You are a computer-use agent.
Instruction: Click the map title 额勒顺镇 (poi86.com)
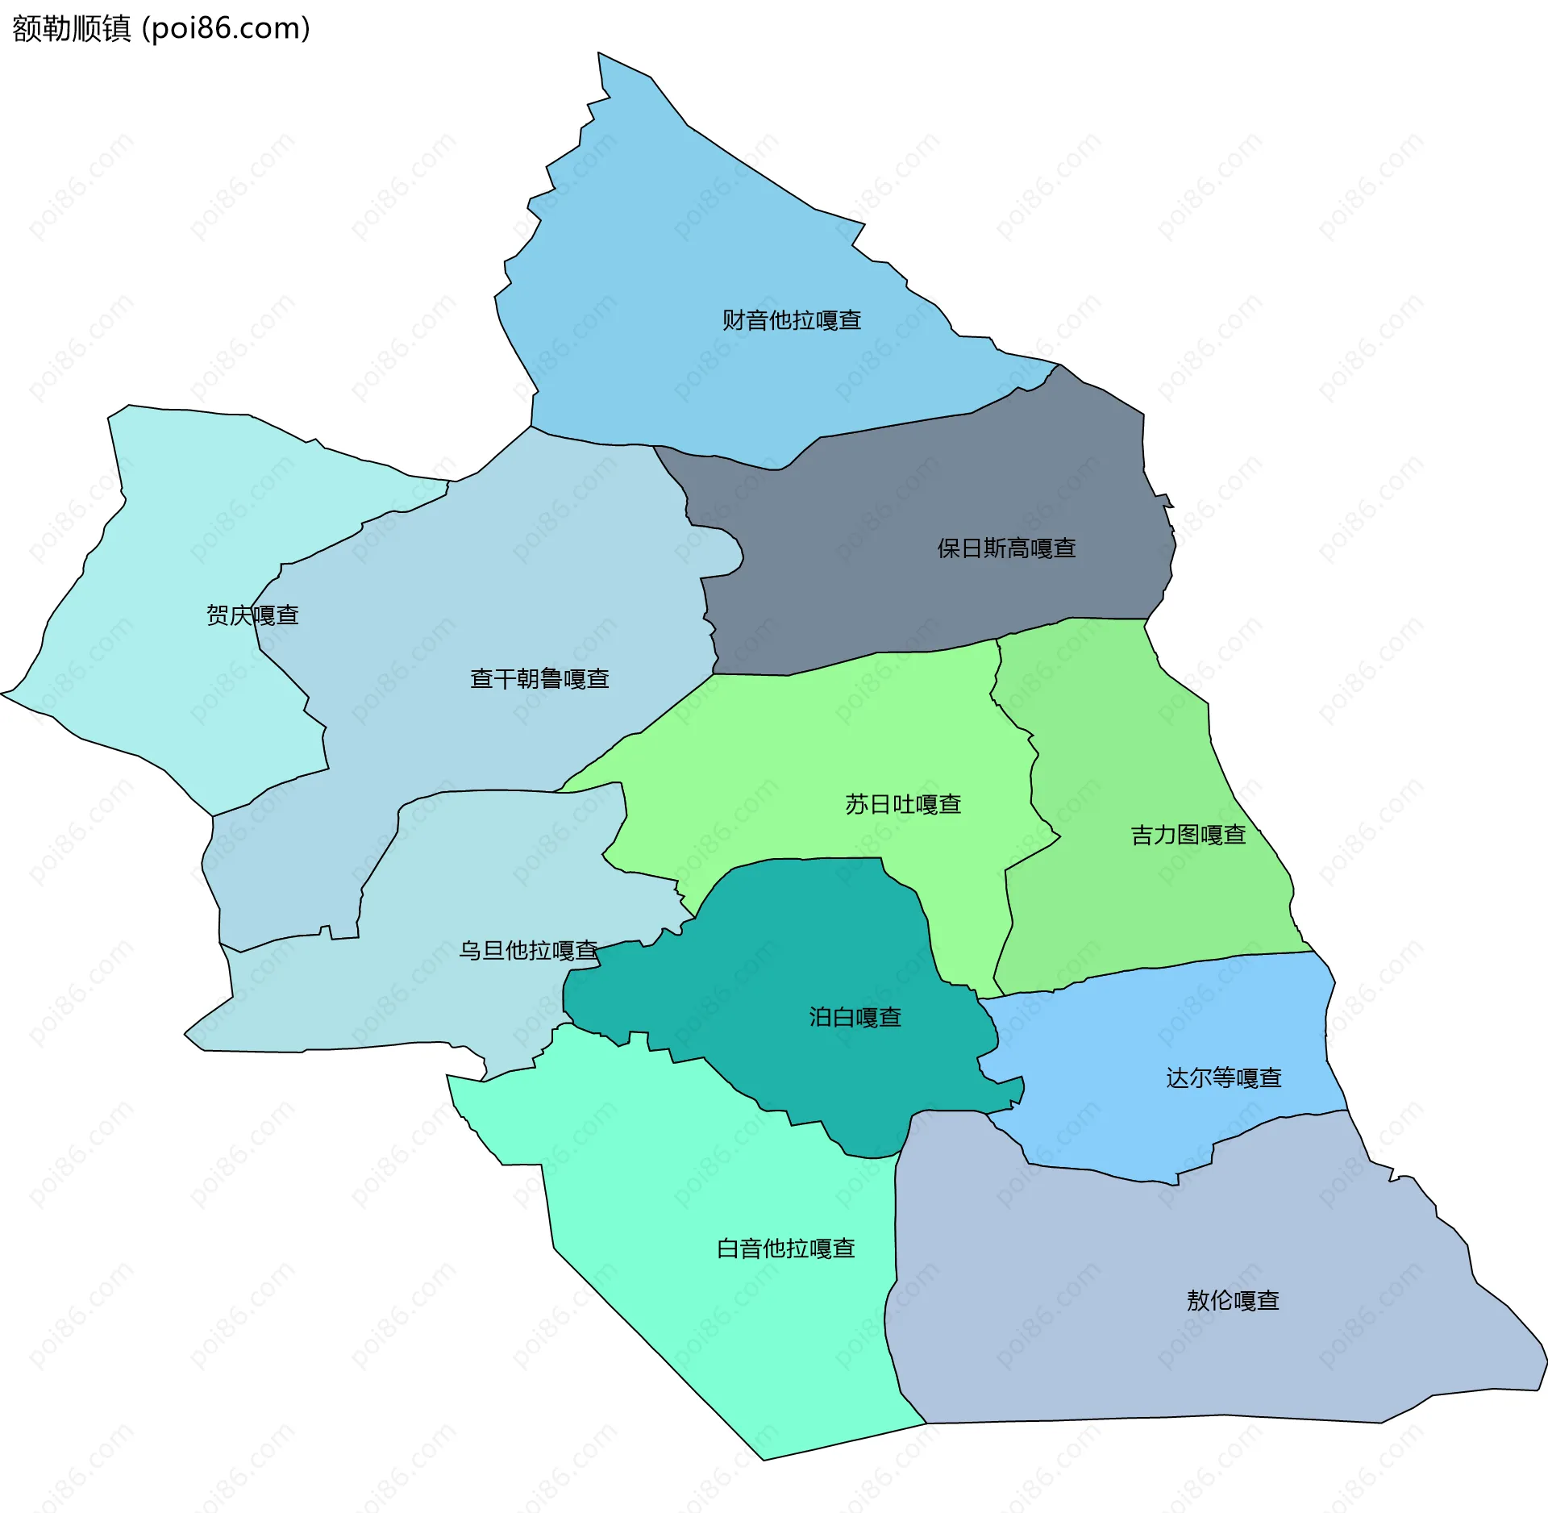point(161,29)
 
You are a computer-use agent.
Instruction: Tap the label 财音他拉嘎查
point(791,320)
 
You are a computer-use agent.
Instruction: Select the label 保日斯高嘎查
point(1005,548)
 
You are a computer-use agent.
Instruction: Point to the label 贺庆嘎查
point(252,615)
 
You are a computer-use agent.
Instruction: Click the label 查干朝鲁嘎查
point(539,678)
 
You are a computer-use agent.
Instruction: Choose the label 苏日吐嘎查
point(903,804)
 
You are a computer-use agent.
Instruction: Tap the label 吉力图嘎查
point(1188,835)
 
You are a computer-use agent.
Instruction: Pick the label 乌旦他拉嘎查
point(528,950)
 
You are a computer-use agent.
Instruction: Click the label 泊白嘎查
point(855,1017)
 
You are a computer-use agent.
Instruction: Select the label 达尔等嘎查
point(1223,1077)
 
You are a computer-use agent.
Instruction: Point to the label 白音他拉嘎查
point(785,1248)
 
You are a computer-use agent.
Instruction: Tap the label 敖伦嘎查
point(1233,1300)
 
